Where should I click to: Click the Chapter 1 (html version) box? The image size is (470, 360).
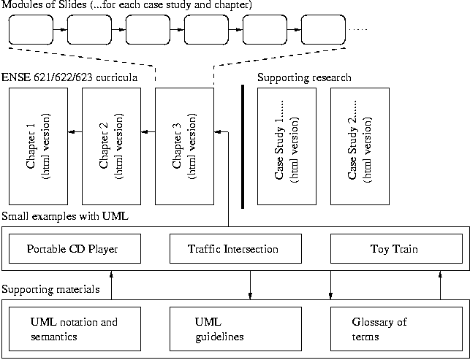(x=38, y=146)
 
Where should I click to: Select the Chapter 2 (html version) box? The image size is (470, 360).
(x=111, y=146)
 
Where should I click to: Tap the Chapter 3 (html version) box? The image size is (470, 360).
(x=184, y=146)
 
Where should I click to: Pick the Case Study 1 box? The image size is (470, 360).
(x=287, y=146)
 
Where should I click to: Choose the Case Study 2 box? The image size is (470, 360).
(x=360, y=146)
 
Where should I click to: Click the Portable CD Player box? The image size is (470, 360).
(x=73, y=249)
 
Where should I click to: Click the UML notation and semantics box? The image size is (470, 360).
(x=73, y=329)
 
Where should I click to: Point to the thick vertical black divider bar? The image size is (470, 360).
(x=242, y=147)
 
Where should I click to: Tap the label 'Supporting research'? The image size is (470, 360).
(x=305, y=77)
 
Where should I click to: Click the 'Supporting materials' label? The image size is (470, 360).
(x=51, y=290)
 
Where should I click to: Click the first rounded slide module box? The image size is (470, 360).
(x=31, y=31)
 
